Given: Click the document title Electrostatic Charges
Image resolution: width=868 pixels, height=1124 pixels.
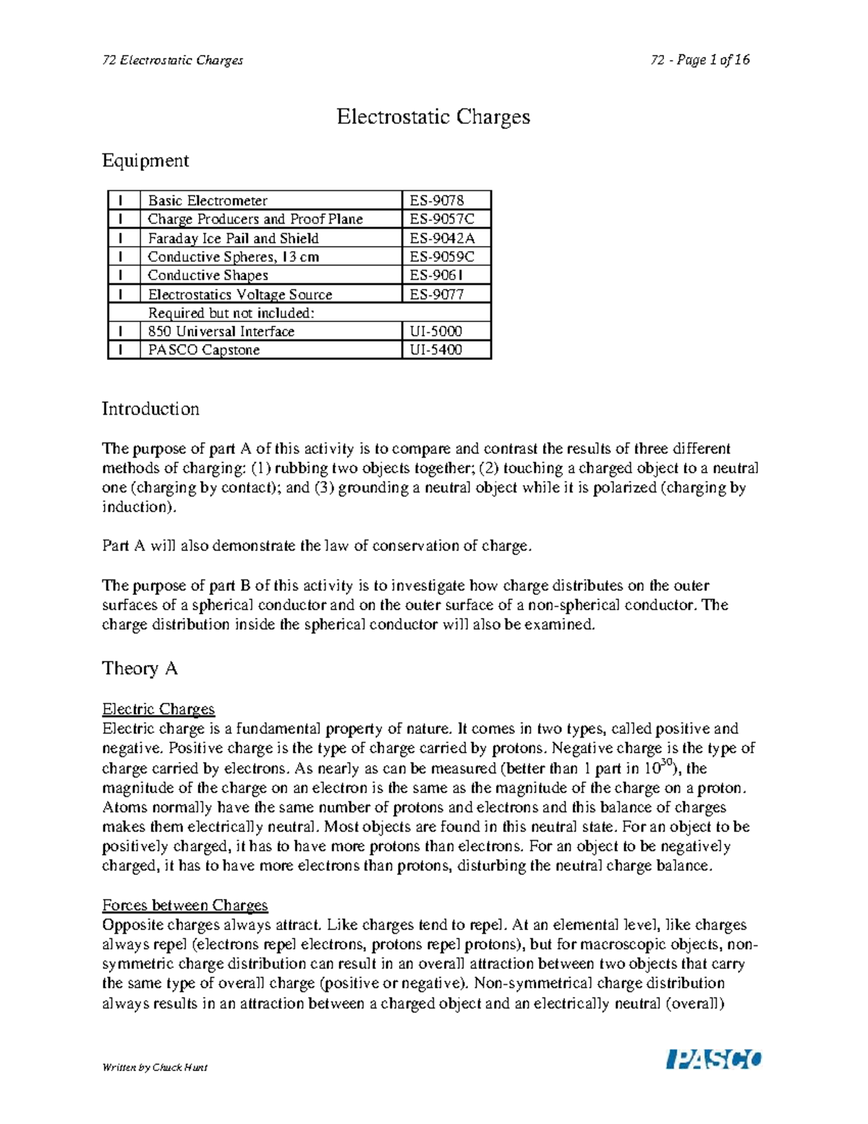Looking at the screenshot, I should click(x=433, y=117).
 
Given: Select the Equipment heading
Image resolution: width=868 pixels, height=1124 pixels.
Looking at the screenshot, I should click(x=145, y=161).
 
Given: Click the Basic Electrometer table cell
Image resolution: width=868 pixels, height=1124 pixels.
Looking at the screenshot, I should click(x=208, y=200).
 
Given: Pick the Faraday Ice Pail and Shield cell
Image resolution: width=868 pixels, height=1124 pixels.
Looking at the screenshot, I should click(x=233, y=238).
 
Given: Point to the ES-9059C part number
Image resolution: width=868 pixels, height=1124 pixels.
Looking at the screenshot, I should click(x=442, y=257).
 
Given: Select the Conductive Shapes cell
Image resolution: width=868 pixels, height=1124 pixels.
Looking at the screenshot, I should click(x=208, y=276).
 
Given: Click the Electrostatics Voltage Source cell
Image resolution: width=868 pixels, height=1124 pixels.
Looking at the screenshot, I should click(x=239, y=295).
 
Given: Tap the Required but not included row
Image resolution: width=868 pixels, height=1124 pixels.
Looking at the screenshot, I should click(x=231, y=313).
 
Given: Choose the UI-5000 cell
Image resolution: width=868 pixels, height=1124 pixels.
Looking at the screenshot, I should click(x=435, y=331).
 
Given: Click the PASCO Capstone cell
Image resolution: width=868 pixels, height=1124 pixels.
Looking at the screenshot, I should click(x=203, y=350).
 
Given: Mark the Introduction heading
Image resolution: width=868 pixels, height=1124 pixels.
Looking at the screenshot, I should click(x=150, y=409).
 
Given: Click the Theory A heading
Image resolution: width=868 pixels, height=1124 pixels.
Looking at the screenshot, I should click(x=140, y=668).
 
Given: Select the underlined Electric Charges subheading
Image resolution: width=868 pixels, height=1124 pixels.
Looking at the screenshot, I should click(x=158, y=709).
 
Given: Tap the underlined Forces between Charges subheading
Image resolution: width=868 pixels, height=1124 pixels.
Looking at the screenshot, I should click(x=184, y=905).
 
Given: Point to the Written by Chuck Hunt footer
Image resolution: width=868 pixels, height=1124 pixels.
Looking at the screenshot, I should click(x=155, y=1068).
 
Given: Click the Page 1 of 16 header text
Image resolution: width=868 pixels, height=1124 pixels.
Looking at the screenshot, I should click(x=700, y=60).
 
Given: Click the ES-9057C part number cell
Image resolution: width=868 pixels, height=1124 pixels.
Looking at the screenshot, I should click(x=441, y=219).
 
